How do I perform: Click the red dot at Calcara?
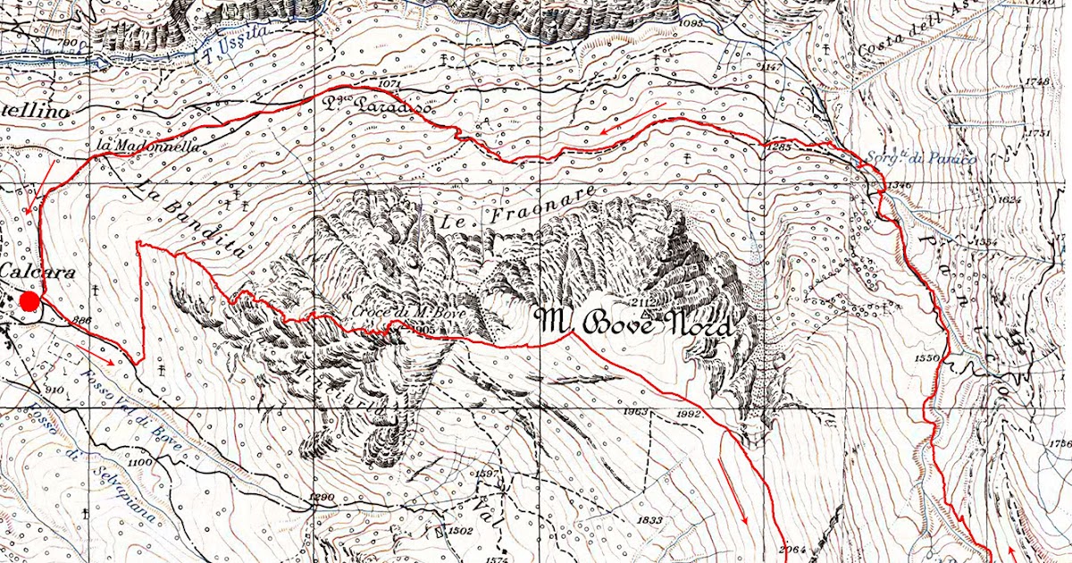(29, 300)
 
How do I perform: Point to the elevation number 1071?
(389, 84)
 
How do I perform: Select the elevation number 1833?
(649, 520)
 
